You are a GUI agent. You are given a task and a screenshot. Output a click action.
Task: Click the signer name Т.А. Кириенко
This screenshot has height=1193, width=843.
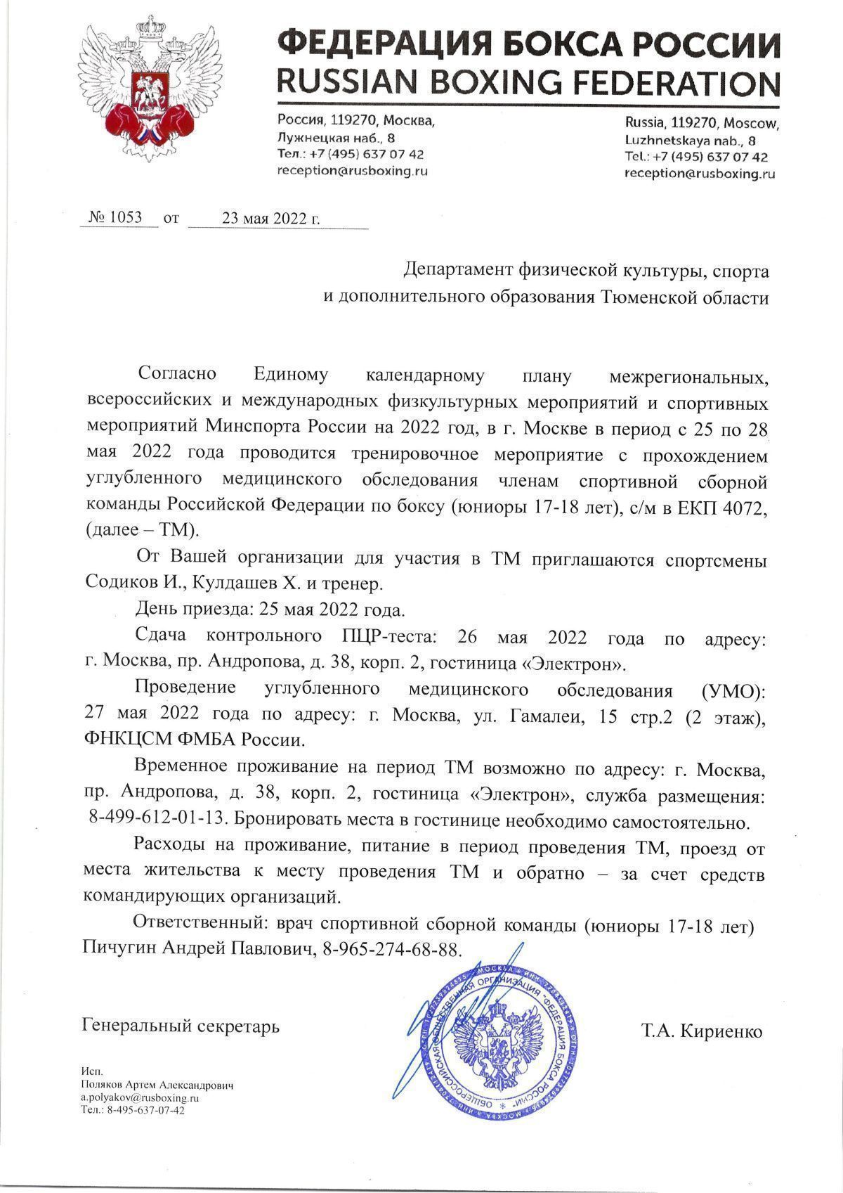[701, 1031]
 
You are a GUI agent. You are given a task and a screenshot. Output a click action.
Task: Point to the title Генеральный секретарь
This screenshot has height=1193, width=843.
[181, 1026]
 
